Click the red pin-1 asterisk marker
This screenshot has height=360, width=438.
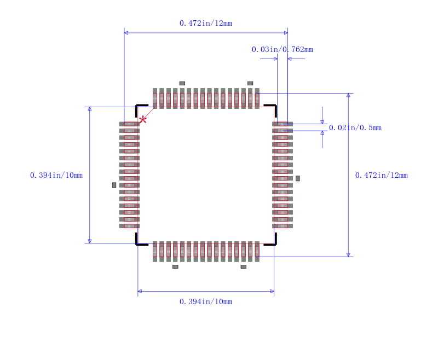coord(143,119)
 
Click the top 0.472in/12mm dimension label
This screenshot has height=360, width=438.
coord(206,23)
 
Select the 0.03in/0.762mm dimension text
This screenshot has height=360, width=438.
coord(283,49)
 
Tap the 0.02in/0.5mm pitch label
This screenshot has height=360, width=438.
coord(355,127)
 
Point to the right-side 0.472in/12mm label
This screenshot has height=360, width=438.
coord(382,175)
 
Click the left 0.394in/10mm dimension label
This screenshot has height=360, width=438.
coord(56,175)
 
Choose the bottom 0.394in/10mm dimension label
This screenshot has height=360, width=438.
coord(206,301)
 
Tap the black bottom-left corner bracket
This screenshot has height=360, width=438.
coord(139,241)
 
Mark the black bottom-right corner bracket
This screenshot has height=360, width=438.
coord(272,241)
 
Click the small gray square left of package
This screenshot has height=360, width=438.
coord(114,185)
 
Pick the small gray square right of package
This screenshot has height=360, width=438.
coord(298,178)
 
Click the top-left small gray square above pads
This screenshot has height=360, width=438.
coord(182,83)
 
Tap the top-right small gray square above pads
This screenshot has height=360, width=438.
coord(250,83)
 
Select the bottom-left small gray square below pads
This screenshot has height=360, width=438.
coord(175,266)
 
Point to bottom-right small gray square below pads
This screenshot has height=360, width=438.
coord(244,266)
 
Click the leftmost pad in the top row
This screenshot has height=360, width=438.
coord(155,98)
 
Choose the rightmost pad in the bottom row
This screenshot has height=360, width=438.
coord(257,251)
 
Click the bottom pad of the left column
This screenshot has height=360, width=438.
coord(129,226)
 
